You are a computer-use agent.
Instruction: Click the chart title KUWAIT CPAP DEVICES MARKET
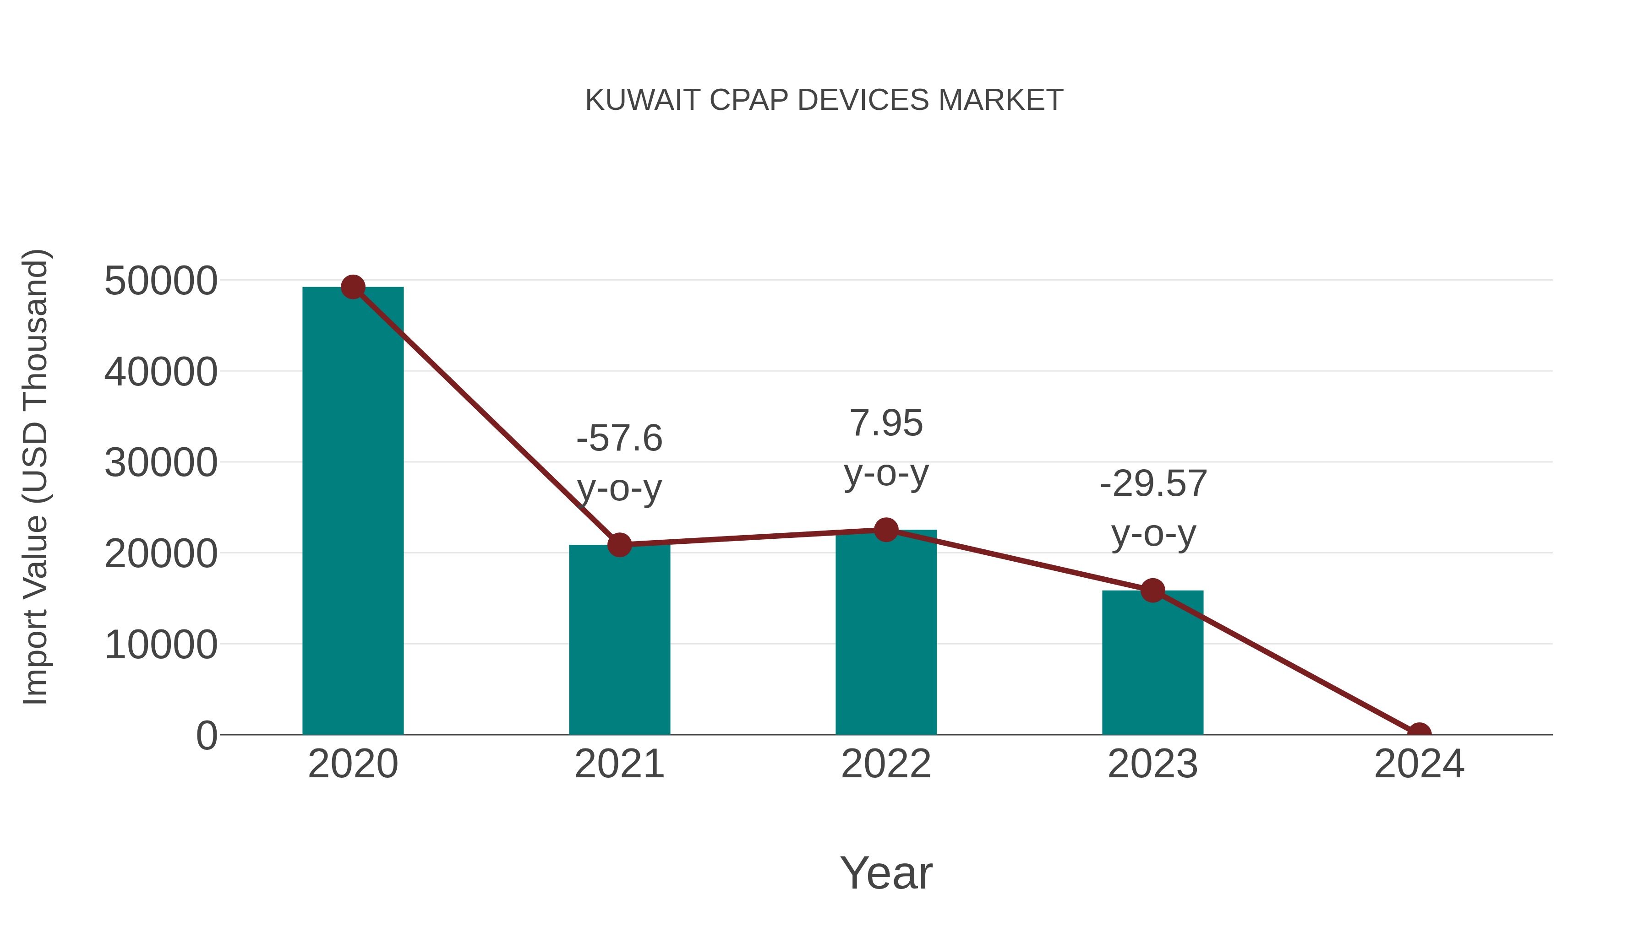point(824,100)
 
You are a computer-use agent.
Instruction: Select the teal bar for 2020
point(353,512)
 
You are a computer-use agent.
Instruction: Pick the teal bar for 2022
point(886,634)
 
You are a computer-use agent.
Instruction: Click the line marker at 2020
point(353,287)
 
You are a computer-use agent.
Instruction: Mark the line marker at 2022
point(886,530)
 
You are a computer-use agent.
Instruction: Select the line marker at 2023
point(1152,591)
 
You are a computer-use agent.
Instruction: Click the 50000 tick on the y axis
point(161,281)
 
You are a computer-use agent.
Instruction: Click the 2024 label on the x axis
point(1419,764)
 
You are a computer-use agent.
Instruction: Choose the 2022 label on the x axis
point(886,764)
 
